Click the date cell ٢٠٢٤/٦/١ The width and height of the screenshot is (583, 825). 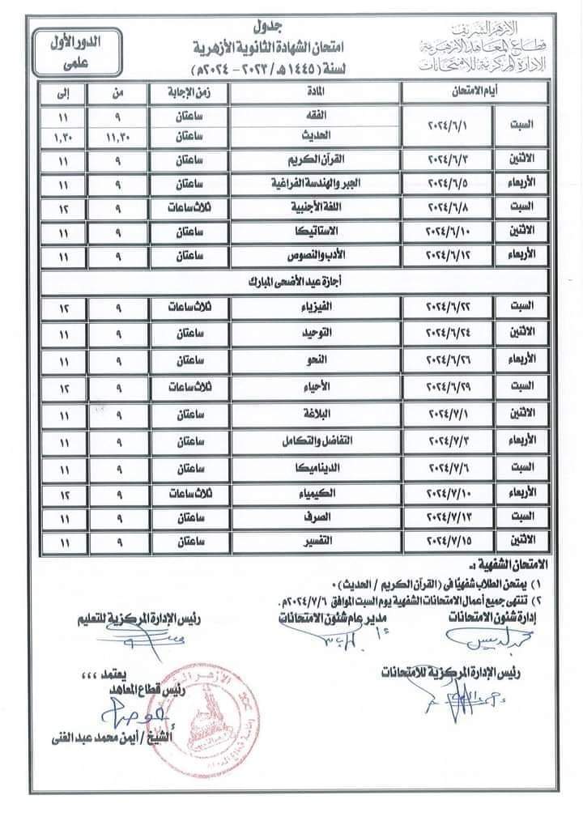[450, 127]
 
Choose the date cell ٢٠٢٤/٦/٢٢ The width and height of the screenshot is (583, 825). [450, 308]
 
